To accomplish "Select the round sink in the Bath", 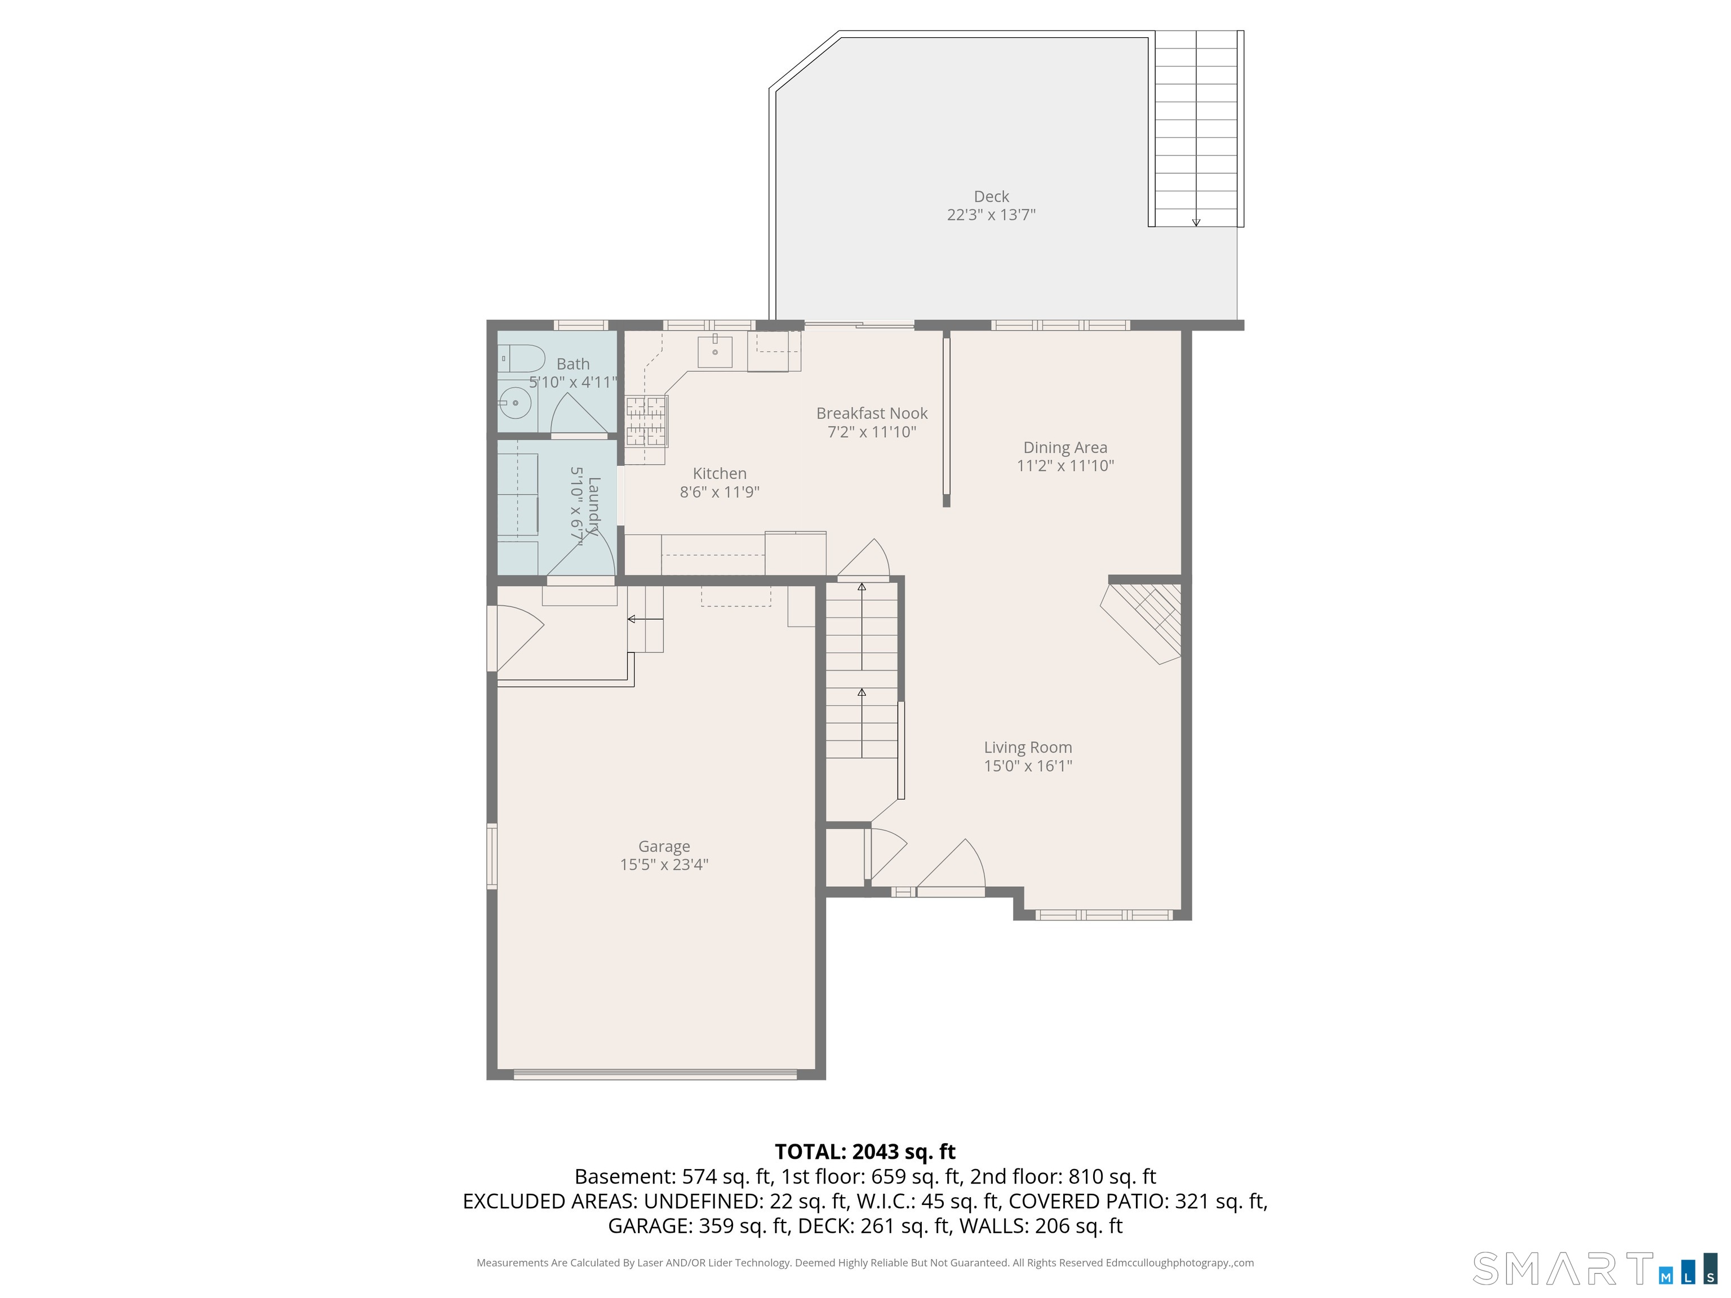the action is point(515,403).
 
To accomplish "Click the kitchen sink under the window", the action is point(714,352).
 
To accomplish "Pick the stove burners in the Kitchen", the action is point(646,420).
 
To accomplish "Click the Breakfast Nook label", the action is point(872,413).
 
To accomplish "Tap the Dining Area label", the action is point(1065,447).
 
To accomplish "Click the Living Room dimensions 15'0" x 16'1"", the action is point(1027,766).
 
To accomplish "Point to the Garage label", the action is point(664,847).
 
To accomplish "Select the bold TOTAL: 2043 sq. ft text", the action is point(865,1152).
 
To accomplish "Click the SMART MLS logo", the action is point(1594,1268).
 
